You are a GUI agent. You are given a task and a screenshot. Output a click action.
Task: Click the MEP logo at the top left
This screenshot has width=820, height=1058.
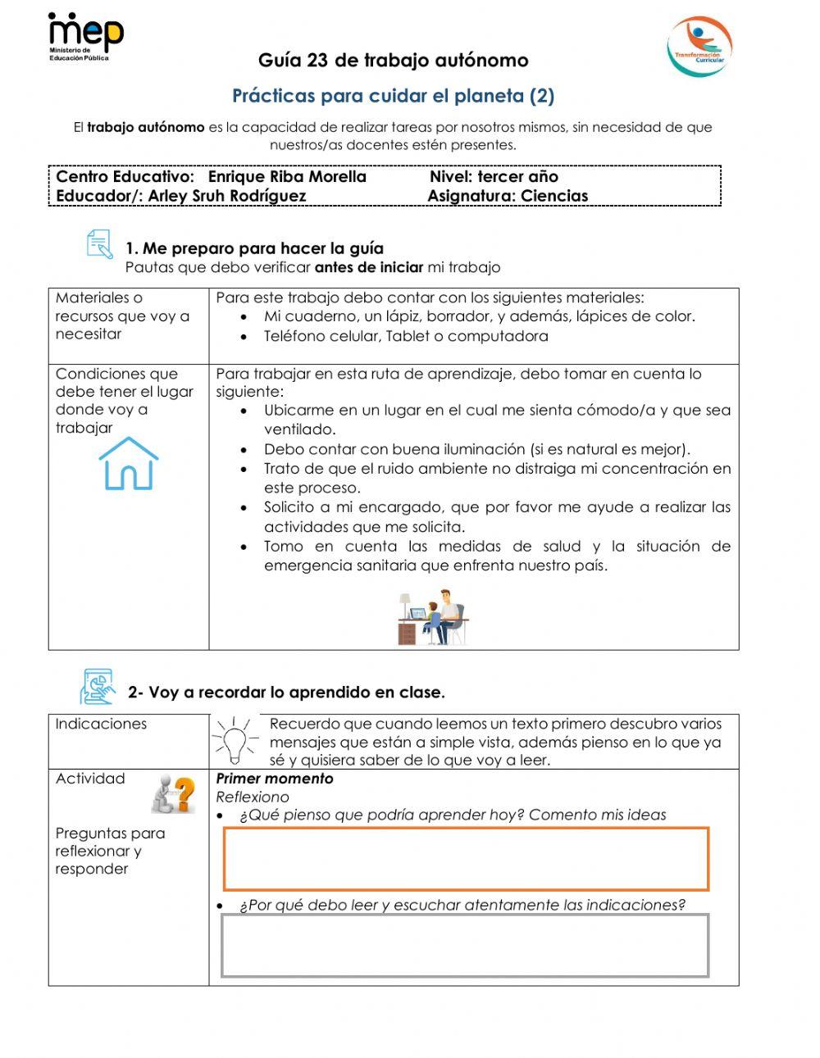[x=85, y=37]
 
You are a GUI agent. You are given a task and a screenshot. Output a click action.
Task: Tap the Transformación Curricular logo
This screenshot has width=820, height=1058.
[x=699, y=47]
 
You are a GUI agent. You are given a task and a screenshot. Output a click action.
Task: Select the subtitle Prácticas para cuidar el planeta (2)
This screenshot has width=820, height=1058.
[x=393, y=96]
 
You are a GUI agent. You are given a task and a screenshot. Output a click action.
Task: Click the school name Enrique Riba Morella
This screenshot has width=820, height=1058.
[x=287, y=176]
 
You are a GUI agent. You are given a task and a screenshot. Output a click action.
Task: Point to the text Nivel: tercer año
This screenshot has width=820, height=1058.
[x=494, y=176]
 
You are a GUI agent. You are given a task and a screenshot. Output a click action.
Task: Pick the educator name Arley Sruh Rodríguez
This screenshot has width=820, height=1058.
[x=227, y=196]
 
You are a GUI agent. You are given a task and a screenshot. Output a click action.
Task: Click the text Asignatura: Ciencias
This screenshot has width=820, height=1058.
[x=508, y=196]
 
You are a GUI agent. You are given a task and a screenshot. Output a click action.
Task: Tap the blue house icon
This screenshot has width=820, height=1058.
[x=129, y=464]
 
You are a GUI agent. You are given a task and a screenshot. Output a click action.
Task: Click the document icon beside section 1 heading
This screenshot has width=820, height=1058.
[x=99, y=245]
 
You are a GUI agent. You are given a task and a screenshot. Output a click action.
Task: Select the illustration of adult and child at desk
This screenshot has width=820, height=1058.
[x=433, y=616]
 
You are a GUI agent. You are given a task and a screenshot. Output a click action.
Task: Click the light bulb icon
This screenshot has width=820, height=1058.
[x=235, y=740]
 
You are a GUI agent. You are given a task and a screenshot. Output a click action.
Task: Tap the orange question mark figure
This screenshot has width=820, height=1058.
[x=173, y=793]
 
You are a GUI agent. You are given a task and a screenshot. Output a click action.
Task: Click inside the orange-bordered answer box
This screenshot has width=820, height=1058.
[x=466, y=859]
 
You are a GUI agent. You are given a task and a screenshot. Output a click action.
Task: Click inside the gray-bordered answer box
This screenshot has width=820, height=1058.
[x=465, y=945]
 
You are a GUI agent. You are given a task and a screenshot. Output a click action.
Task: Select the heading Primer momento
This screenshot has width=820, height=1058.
[x=275, y=779]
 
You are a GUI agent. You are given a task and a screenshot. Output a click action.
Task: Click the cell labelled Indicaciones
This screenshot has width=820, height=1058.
[x=101, y=724]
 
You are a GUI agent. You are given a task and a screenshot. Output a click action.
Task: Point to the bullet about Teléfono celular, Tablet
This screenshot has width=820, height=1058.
[x=405, y=336]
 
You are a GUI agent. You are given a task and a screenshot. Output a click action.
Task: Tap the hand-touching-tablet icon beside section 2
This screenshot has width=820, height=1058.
[x=98, y=687]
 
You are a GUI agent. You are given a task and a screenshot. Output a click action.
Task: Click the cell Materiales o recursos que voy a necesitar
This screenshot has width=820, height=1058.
[x=122, y=316]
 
